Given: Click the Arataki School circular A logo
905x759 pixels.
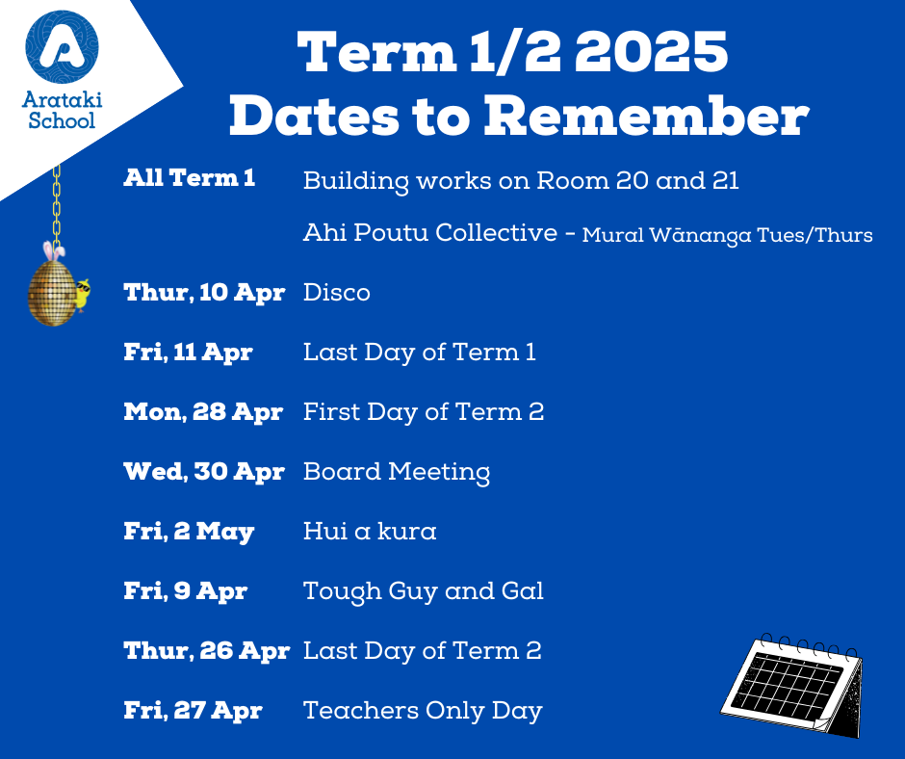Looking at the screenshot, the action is (x=62, y=47).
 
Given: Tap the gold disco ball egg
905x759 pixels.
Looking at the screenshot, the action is (x=52, y=292).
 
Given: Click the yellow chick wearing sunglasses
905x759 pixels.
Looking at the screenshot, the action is (x=83, y=295).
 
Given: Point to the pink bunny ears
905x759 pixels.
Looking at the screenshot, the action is (x=54, y=251).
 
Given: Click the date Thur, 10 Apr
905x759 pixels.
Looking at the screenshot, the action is (x=204, y=292).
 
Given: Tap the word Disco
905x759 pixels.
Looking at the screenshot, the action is (x=337, y=292).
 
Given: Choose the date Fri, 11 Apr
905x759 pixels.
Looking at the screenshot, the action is (x=188, y=353).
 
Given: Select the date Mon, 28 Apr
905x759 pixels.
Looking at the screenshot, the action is (x=203, y=412).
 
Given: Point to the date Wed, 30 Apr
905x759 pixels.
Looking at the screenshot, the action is (x=204, y=472).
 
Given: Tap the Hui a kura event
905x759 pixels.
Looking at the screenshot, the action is (x=370, y=531).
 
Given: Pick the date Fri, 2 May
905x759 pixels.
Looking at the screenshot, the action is (x=189, y=532).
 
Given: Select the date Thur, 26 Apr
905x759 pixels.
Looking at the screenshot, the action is (x=207, y=651).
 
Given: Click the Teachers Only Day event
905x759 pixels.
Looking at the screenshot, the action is (x=423, y=712).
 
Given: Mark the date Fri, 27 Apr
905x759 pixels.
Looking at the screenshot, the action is (x=193, y=711).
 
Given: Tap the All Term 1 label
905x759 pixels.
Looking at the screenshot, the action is (x=190, y=178).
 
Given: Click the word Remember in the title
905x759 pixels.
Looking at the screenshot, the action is (x=646, y=116).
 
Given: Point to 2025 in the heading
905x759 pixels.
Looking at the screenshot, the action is (x=651, y=52).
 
